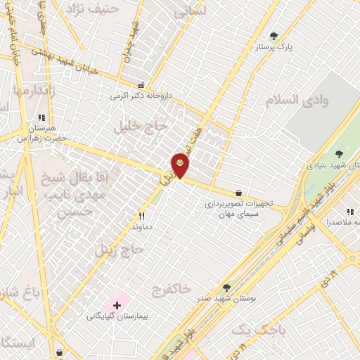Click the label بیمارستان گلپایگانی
click(x=117, y=316)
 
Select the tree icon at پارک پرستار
click(x=274, y=36)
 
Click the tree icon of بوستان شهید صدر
click(x=226, y=288)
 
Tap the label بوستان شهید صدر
click(x=226, y=299)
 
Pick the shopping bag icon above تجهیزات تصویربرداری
click(x=238, y=193)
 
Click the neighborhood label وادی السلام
click(x=297, y=100)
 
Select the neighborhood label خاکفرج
click(x=171, y=289)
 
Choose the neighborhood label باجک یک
click(x=250, y=330)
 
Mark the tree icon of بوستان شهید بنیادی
click(x=340, y=153)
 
